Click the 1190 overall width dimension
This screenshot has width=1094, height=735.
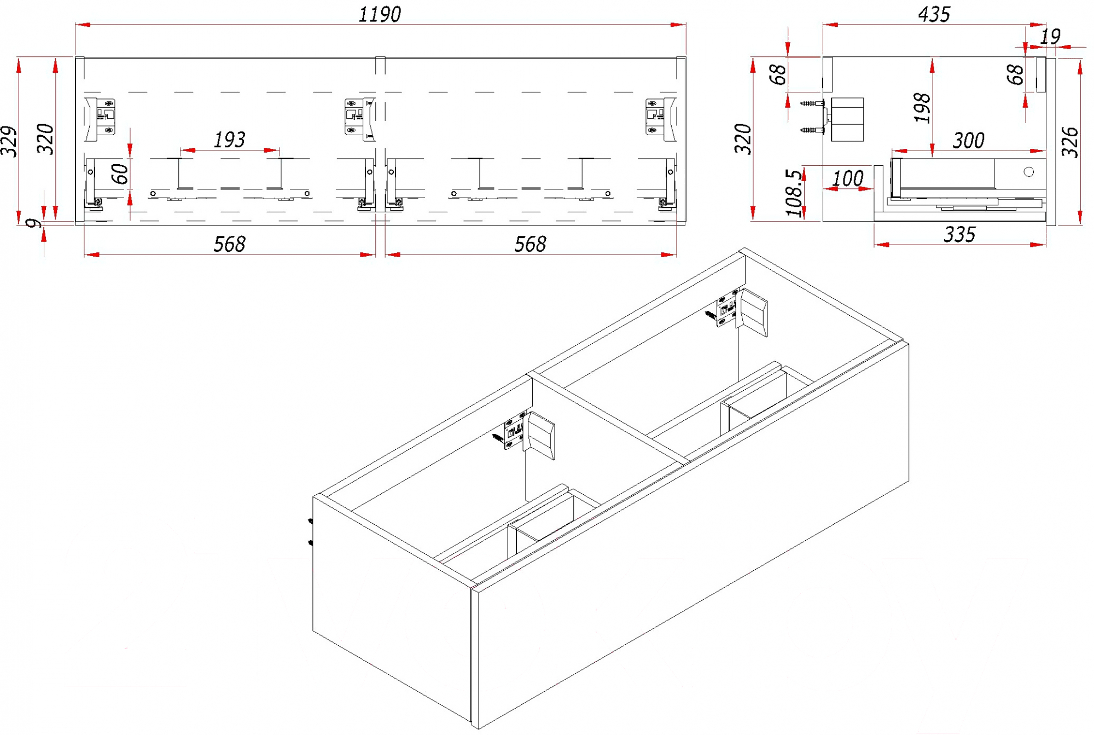[x=379, y=14]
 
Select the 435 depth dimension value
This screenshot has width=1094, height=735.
[x=934, y=14]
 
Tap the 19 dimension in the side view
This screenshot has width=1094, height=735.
[x=1050, y=37]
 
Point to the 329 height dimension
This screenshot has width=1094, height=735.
[x=9, y=141]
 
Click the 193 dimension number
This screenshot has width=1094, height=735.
[x=229, y=140]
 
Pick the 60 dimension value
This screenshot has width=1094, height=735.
[x=120, y=174]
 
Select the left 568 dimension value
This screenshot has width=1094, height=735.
[x=229, y=244]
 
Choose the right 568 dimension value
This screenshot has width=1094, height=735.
[x=530, y=244]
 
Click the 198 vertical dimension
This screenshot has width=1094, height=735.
[x=922, y=108]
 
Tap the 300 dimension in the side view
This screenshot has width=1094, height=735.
[x=968, y=141]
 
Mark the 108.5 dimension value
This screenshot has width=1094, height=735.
[x=794, y=193]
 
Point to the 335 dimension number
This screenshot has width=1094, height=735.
[x=959, y=235]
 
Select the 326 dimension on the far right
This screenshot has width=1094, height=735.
[x=1070, y=142]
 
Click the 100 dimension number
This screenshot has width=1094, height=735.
[x=847, y=178]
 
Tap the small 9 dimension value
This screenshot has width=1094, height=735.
[x=34, y=223]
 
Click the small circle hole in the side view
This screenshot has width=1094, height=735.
[x=1029, y=172]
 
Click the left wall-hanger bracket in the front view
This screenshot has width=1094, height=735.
[x=101, y=117]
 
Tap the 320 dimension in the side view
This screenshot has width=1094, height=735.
[x=743, y=139]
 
